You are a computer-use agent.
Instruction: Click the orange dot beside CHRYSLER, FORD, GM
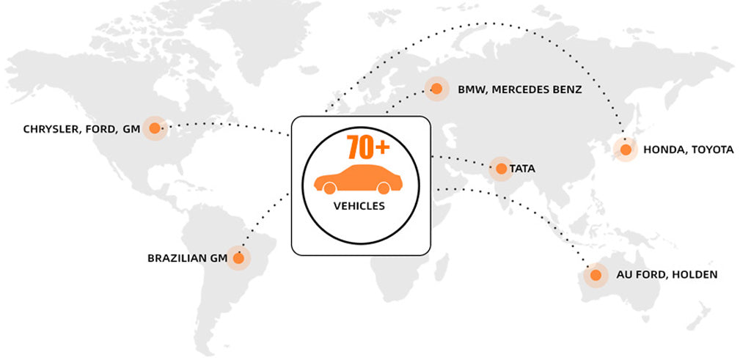(x=154, y=129)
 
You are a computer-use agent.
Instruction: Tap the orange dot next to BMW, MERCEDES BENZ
(x=436, y=89)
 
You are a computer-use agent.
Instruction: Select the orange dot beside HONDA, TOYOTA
(x=626, y=150)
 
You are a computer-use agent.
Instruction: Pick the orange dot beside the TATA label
(x=501, y=169)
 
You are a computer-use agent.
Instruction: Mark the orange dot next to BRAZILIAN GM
(x=238, y=258)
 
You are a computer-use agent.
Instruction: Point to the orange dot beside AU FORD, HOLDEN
(x=596, y=275)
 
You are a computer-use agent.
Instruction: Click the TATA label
(x=522, y=169)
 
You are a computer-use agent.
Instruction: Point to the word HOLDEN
(x=694, y=275)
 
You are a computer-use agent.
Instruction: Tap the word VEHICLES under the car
(x=359, y=206)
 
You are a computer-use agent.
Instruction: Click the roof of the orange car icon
(x=359, y=170)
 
